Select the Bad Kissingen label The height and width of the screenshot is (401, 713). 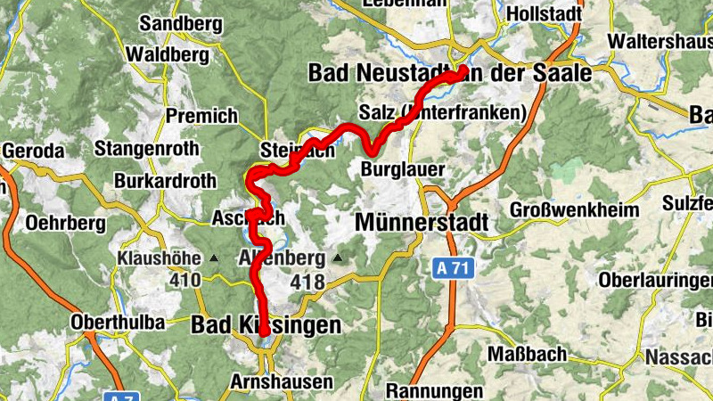(x=266, y=326)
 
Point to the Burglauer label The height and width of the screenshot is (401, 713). (x=403, y=169)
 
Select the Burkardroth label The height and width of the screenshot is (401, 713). (x=165, y=182)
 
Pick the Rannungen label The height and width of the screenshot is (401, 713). (x=434, y=390)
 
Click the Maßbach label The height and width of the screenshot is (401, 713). (x=528, y=355)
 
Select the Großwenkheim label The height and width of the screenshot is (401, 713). (x=575, y=210)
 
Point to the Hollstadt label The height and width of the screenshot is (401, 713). (x=544, y=14)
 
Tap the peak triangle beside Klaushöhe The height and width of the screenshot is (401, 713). (x=214, y=259)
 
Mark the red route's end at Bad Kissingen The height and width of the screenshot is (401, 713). (x=265, y=333)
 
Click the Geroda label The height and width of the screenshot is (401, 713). (x=33, y=151)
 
